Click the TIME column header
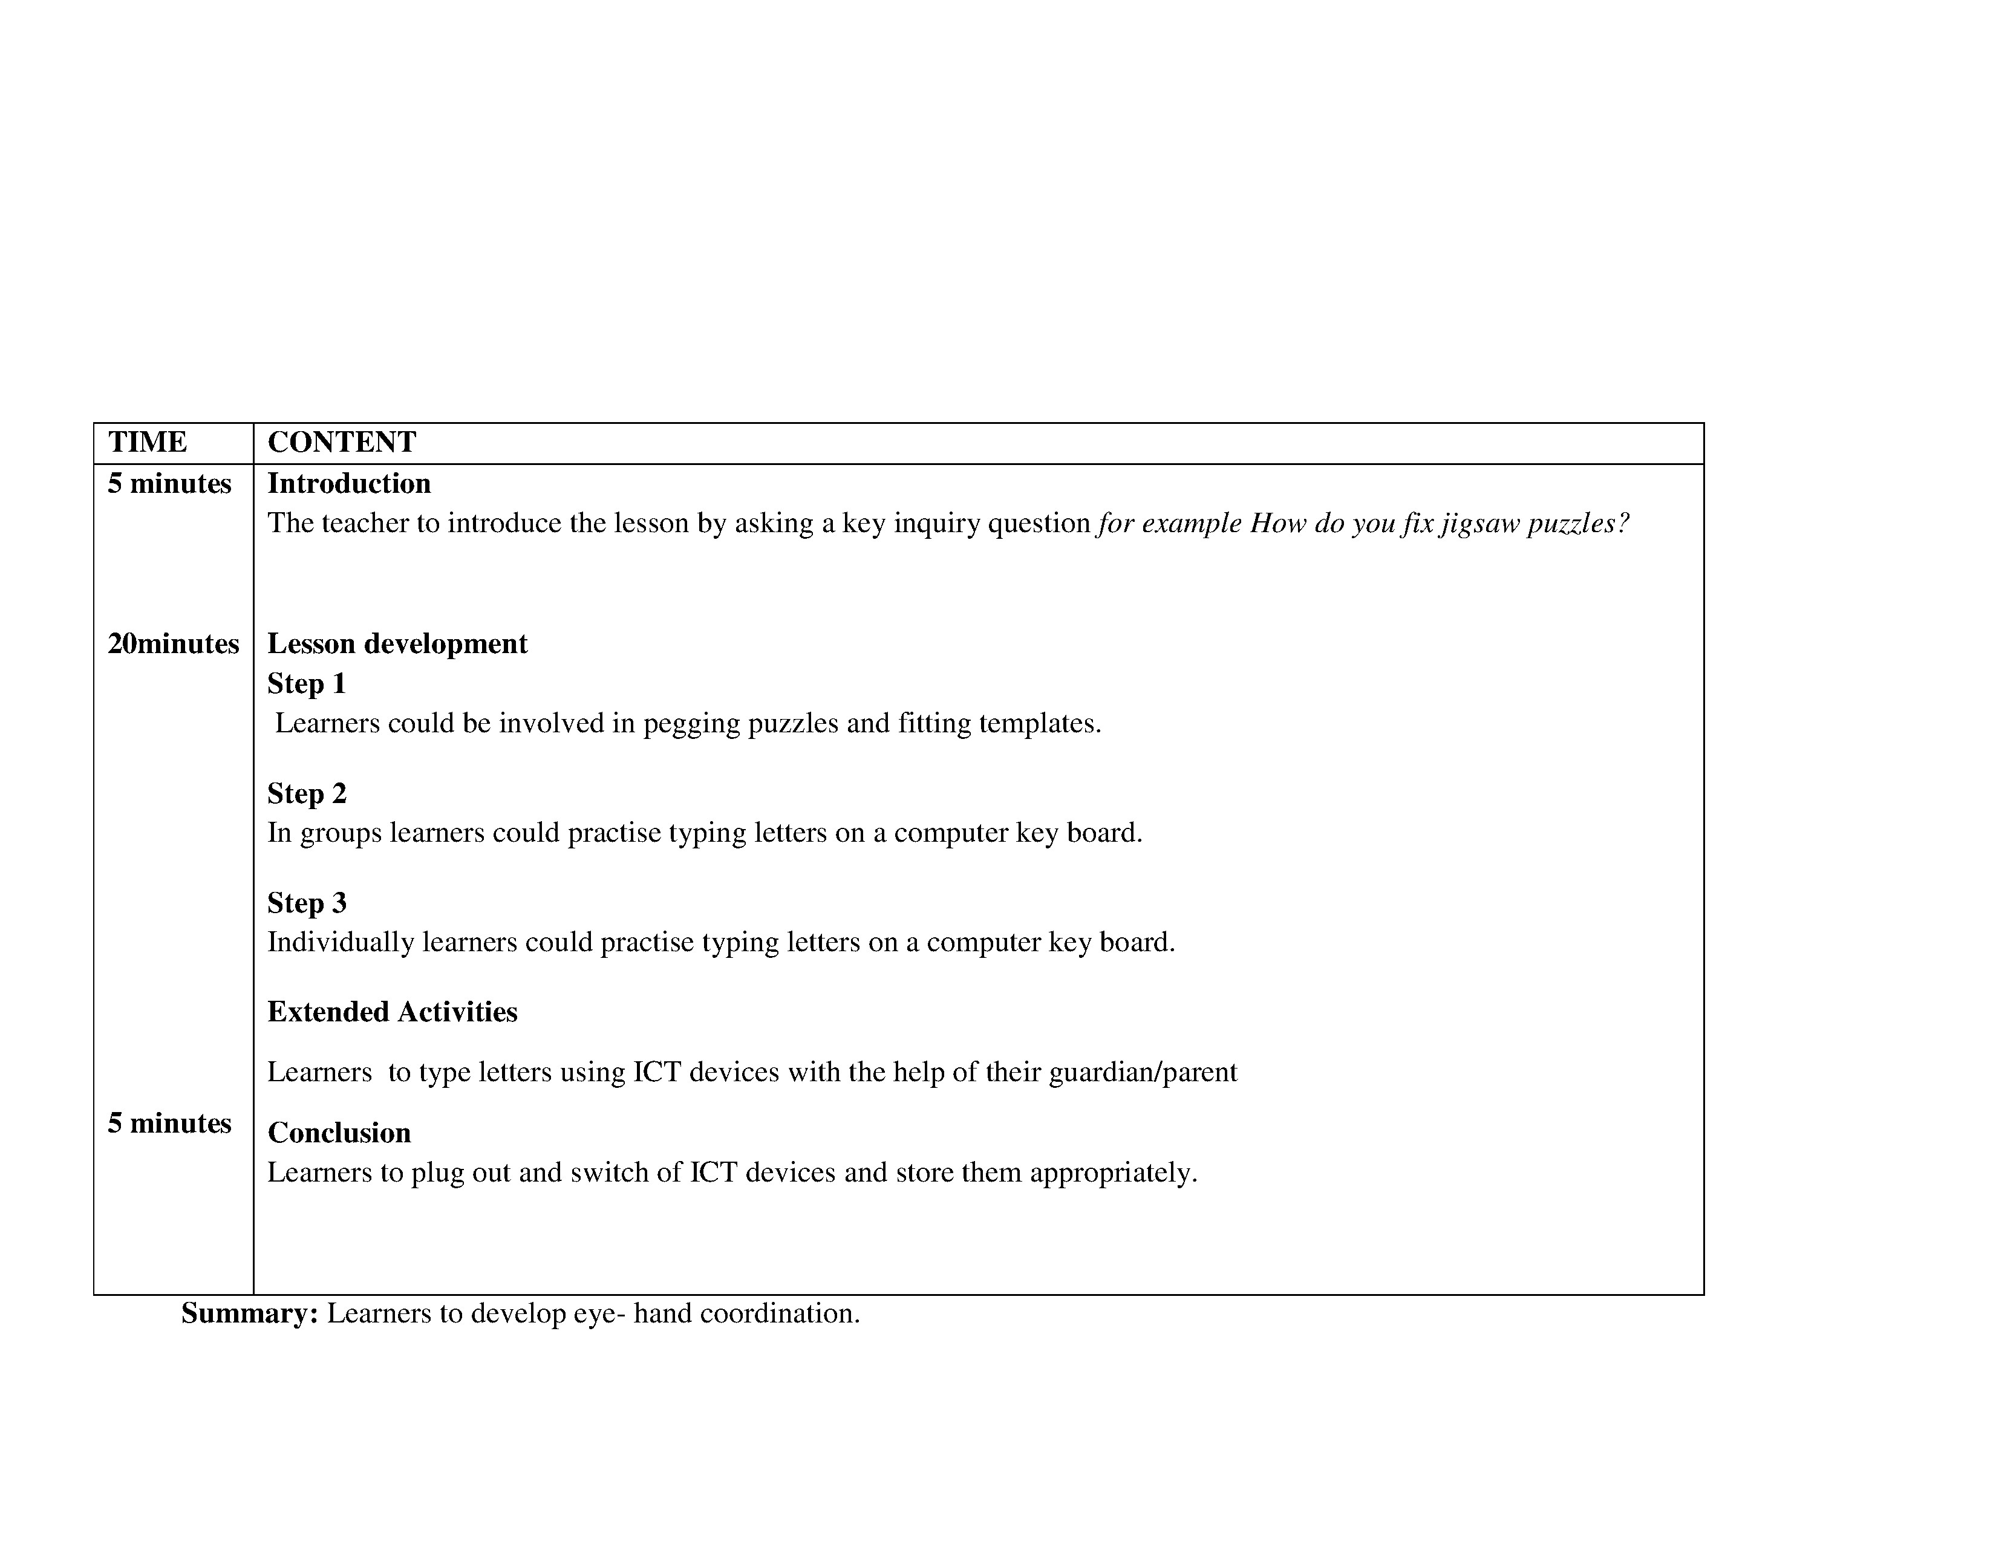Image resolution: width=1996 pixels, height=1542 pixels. point(147,442)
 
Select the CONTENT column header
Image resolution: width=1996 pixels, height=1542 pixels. point(341,442)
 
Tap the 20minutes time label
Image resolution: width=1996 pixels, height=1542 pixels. point(173,644)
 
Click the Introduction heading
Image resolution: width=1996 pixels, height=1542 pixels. point(348,483)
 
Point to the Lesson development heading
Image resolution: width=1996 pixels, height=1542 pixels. point(397,644)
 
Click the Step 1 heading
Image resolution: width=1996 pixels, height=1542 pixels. point(306,683)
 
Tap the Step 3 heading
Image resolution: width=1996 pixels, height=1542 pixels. point(306,903)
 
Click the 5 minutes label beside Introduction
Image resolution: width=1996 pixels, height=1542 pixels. point(169,483)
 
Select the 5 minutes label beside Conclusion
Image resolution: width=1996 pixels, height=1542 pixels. point(169,1123)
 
